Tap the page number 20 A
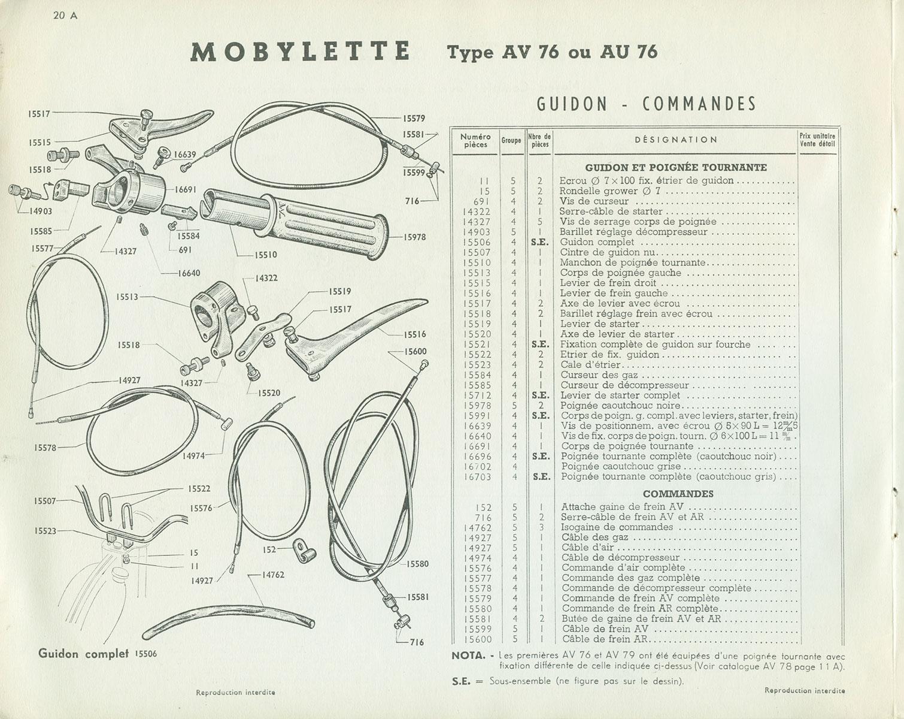65,16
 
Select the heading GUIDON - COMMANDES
646,104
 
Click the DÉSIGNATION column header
675,140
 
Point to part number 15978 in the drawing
414,237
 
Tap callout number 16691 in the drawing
186,189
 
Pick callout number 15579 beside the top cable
413,119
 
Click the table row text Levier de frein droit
608,283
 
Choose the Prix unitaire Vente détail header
817,140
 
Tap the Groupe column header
511,140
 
